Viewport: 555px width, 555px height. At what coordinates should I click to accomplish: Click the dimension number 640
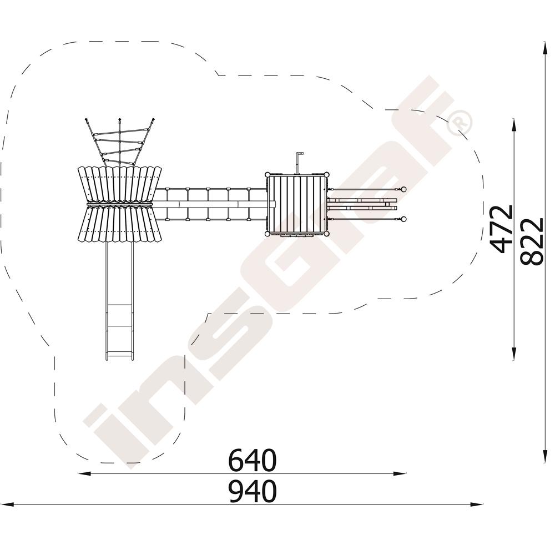coord(251,460)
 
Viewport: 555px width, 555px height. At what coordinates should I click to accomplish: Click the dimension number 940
coord(251,491)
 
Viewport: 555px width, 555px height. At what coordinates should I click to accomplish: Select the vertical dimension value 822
coord(532,241)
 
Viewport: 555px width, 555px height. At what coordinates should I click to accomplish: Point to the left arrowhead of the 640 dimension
coord(84,473)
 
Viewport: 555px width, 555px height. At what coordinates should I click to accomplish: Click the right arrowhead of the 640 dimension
coord(400,473)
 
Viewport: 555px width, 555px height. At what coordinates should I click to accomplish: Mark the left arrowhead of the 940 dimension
coord(7,504)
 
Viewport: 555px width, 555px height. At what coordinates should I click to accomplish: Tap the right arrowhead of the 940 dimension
coord(476,504)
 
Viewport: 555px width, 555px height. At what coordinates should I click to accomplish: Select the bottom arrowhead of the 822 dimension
coord(544,456)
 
